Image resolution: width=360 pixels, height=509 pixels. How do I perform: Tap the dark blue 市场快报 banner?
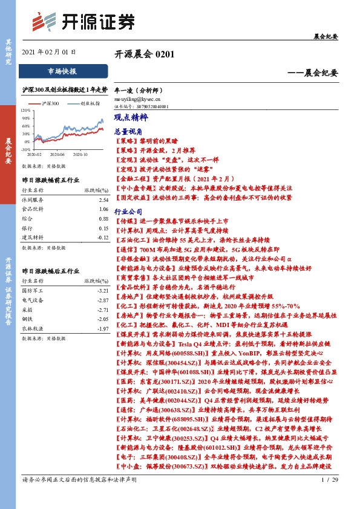[x=62, y=71]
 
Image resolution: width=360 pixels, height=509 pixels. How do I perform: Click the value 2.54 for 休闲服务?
[x=103, y=199]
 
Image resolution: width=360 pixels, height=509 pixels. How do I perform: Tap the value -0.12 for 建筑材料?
[x=102, y=238]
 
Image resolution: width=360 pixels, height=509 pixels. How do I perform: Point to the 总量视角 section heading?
[x=128, y=131]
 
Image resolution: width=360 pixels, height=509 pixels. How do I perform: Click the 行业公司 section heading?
[x=128, y=212]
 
